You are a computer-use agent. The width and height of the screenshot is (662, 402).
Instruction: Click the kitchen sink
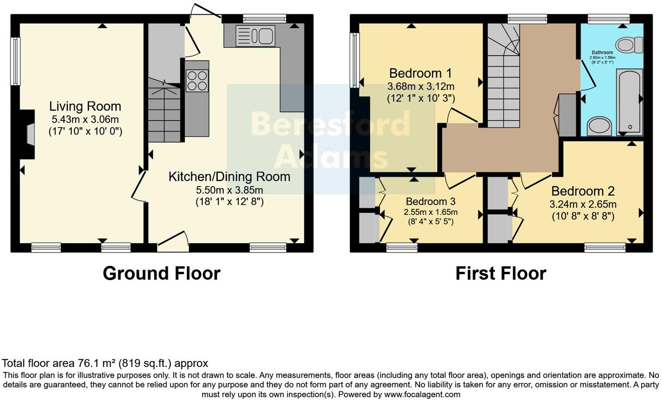click(255, 36)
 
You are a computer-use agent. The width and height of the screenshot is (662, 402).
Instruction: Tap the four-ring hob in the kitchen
click(197, 81)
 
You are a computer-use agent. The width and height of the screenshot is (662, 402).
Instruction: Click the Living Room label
click(85, 107)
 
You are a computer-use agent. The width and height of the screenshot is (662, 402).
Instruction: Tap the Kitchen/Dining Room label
click(229, 177)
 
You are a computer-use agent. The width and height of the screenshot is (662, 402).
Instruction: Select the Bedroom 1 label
click(420, 73)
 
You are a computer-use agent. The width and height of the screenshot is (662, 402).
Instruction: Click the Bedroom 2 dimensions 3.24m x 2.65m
click(583, 204)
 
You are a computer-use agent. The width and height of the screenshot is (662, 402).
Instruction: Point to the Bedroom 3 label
click(430, 201)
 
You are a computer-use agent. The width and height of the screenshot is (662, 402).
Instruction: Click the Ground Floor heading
click(162, 274)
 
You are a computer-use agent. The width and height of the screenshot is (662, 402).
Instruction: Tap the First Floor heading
click(500, 274)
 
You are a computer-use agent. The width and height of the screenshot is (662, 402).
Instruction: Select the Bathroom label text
click(602, 53)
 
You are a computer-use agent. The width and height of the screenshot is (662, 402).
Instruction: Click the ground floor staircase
click(164, 111)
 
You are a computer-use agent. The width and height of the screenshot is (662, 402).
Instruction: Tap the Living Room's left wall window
click(16, 61)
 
